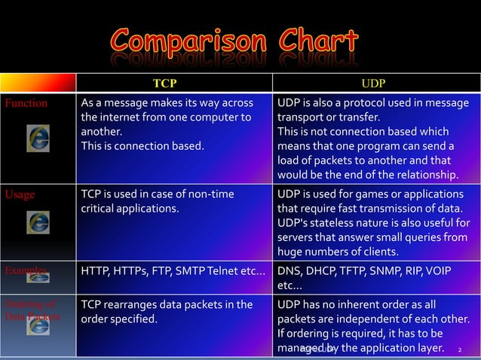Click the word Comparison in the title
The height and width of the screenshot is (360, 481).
tap(183, 41)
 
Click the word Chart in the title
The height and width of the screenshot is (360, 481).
tap(311, 41)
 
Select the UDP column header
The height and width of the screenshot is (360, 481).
tap(376, 83)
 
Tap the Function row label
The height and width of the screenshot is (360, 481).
tap(26, 103)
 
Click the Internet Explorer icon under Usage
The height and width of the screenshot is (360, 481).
tap(38, 221)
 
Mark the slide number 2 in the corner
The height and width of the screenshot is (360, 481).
tap(459, 349)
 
